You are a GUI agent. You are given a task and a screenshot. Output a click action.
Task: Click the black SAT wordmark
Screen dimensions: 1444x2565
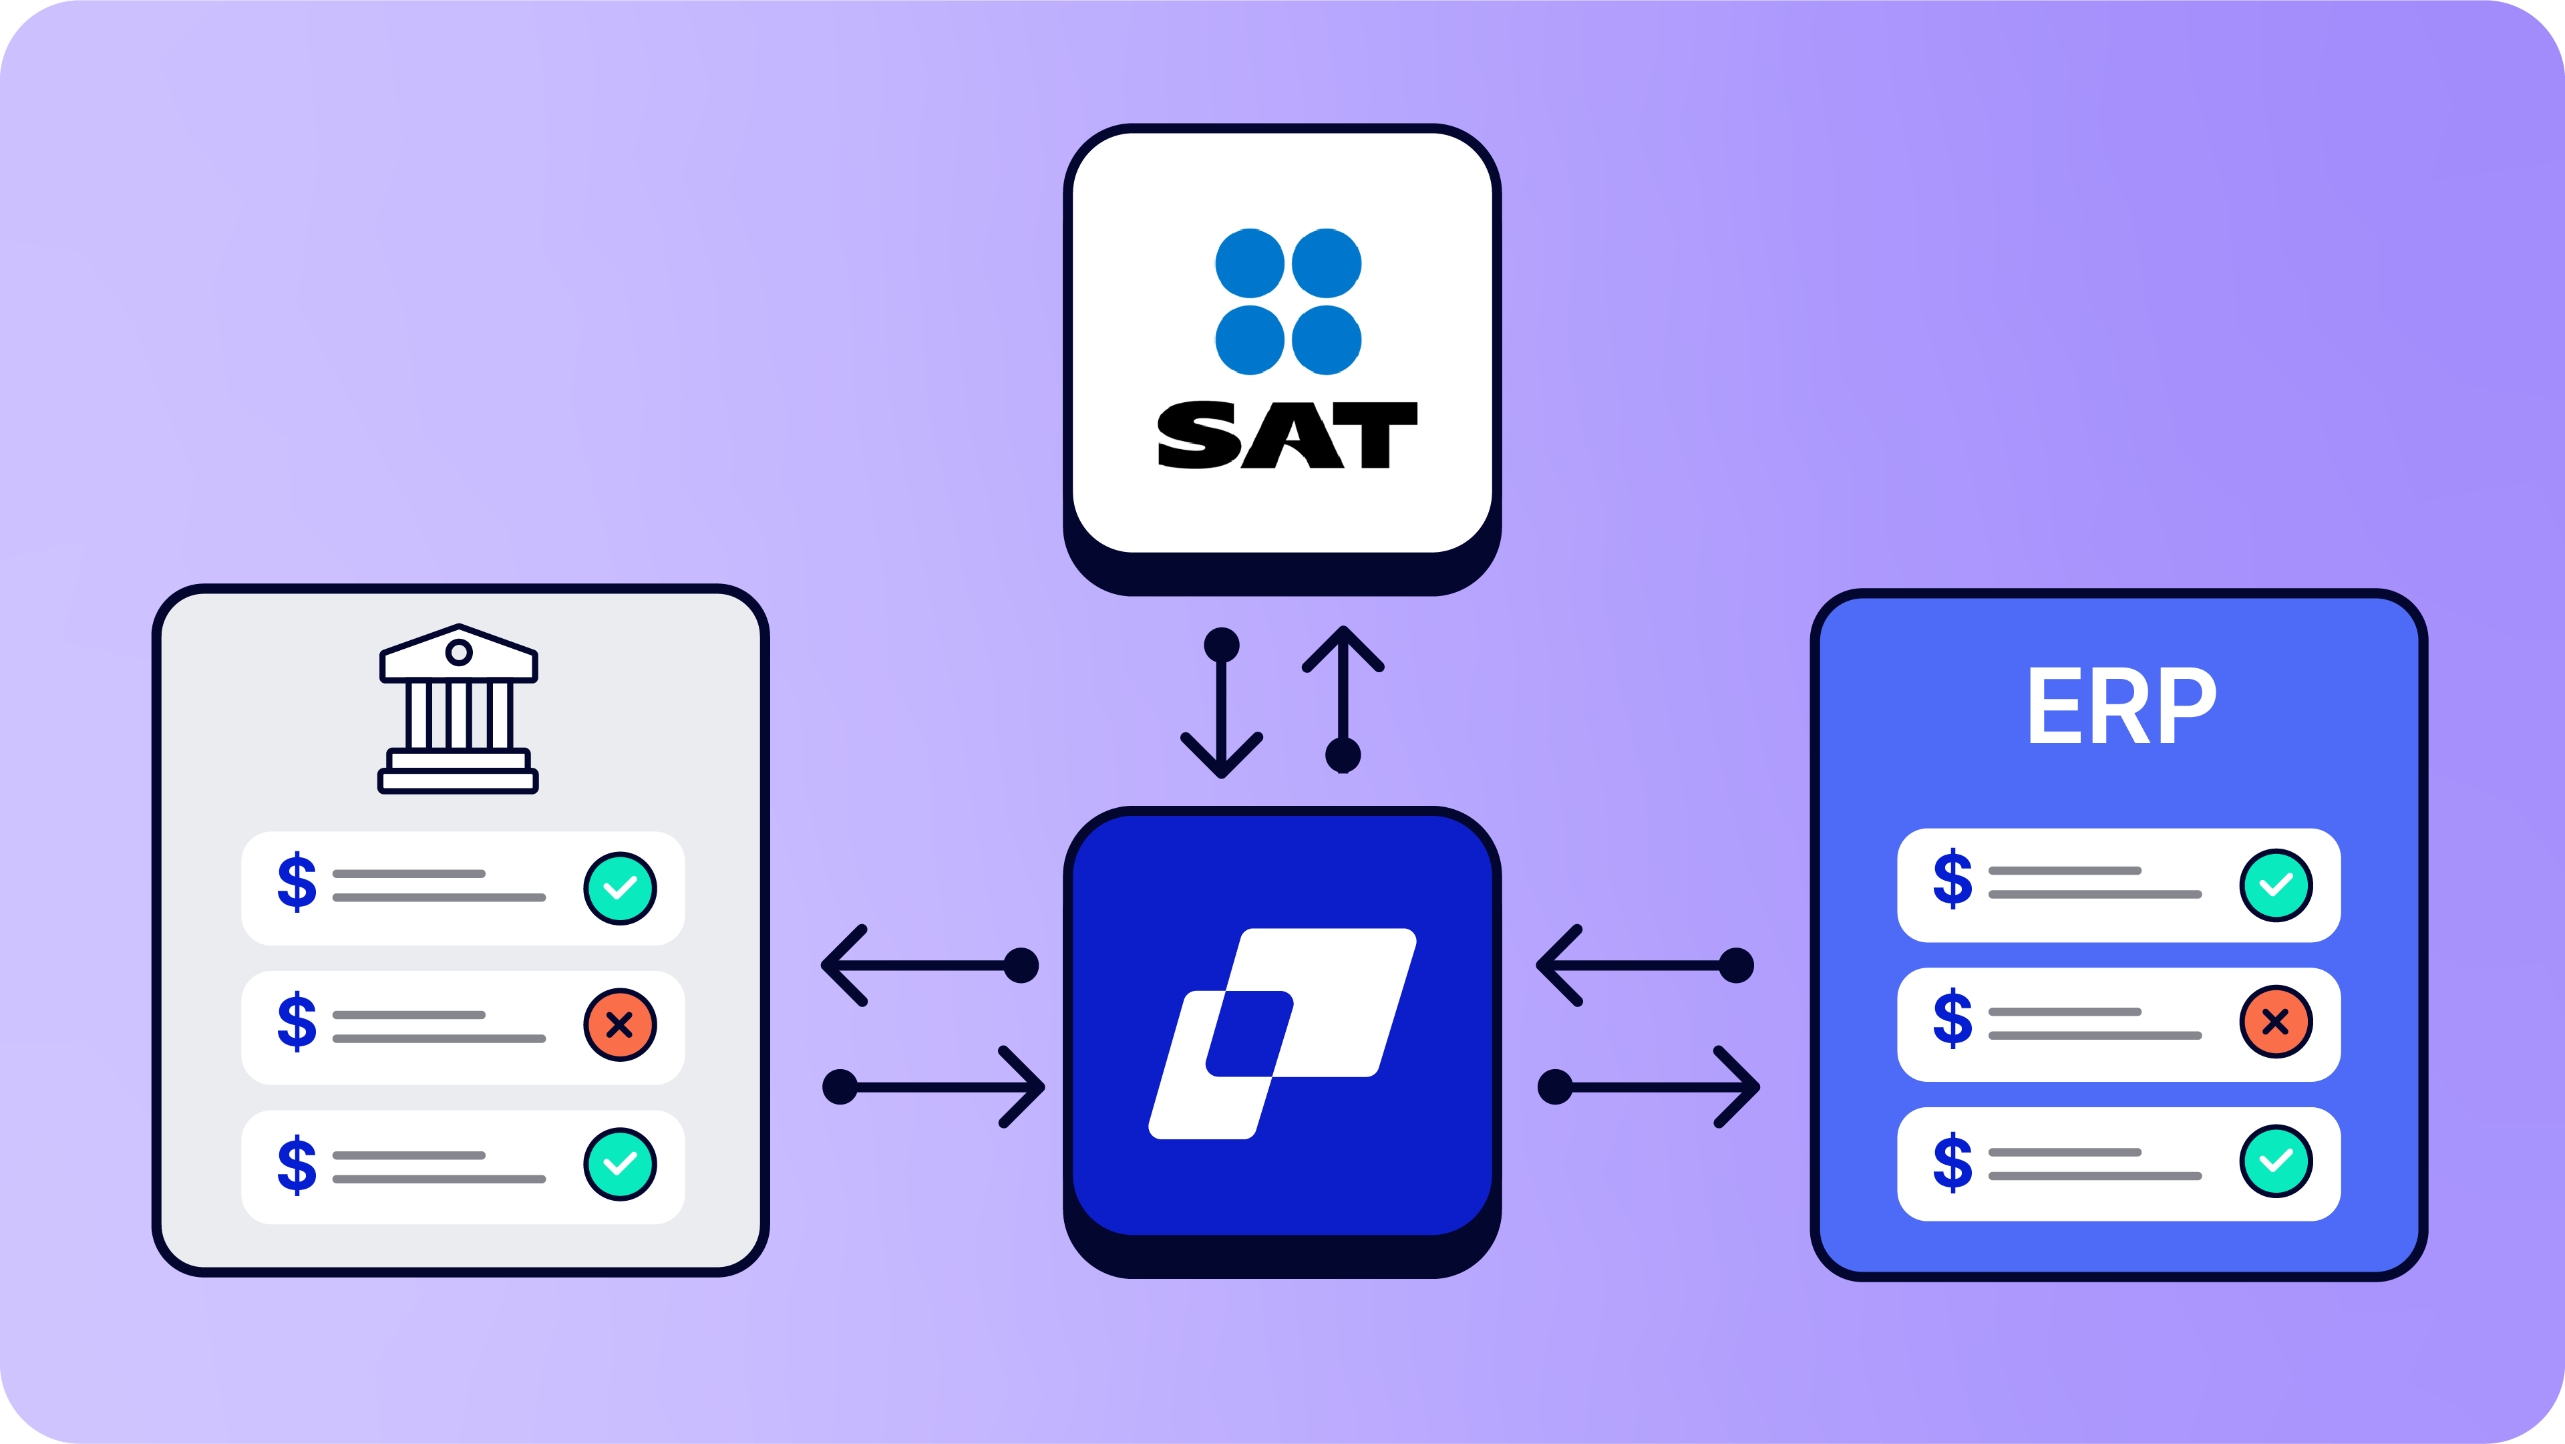pyautogui.click(x=1287, y=435)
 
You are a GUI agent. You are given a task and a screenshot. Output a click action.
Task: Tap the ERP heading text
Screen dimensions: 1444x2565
pyautogui.click(x=2121, y=706)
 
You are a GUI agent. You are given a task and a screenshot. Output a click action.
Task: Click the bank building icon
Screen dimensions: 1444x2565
pyautogui.click(x=458, y=708)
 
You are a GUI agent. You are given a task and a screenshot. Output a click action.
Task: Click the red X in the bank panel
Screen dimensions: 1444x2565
pyautogui.click(x=619, y=1025)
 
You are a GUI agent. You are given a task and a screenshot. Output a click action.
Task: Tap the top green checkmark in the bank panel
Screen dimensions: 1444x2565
pyautogui.click(x=619, y=888)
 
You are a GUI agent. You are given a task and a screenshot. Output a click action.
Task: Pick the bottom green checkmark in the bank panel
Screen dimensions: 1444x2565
pyautogui.click(x=619, y=1164)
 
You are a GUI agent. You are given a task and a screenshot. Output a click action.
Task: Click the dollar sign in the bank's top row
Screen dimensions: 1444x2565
pyautogui.click(x=297, y=881)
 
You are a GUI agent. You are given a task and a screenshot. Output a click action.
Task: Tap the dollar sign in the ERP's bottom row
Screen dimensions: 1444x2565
pyautogui.click(x=1952, y=1161)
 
